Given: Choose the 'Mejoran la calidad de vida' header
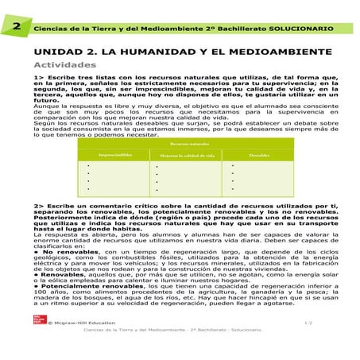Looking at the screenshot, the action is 188,156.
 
